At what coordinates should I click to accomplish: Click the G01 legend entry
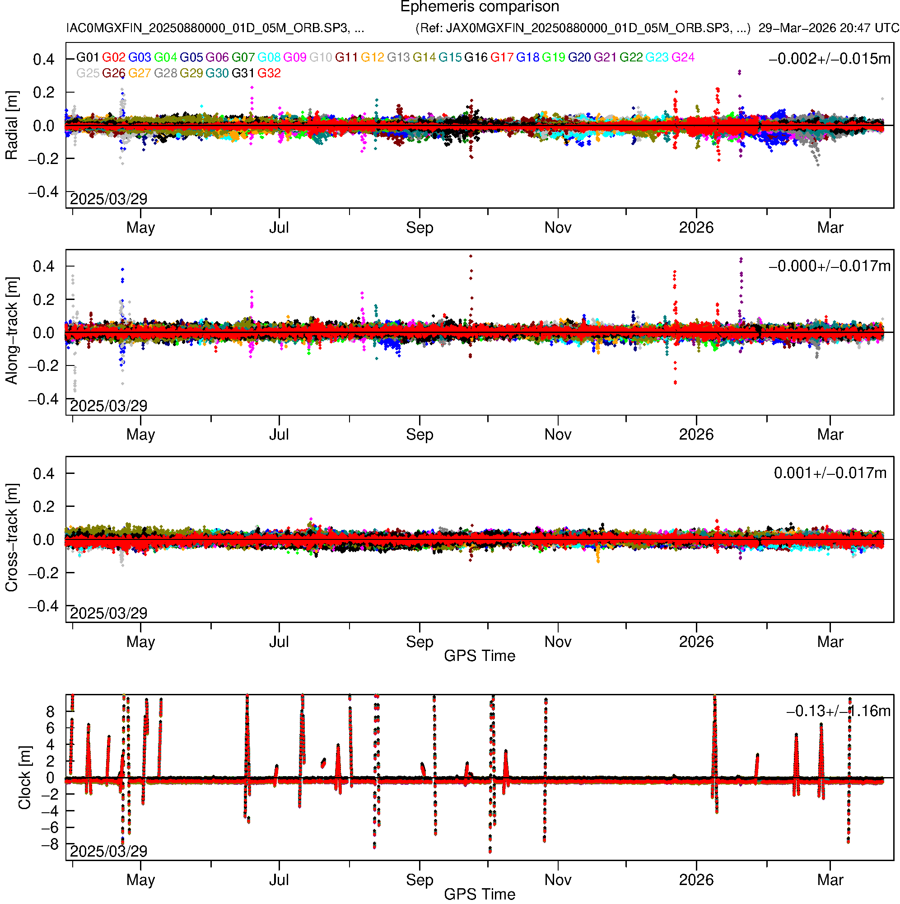88,57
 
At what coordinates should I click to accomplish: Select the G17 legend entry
502,57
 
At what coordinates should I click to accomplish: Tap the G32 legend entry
269,74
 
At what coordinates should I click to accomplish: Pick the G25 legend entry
88,74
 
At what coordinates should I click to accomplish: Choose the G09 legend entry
295,57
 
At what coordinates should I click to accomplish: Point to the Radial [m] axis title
11,126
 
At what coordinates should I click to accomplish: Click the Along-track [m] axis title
11,331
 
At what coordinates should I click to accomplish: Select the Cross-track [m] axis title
11,538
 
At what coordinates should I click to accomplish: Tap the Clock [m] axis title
24,778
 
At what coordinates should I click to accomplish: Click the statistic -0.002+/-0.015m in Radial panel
830,59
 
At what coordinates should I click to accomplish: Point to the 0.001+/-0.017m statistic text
830,473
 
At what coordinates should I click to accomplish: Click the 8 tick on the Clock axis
50,712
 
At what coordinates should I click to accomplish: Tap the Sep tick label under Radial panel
420,228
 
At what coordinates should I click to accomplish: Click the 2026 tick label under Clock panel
696,880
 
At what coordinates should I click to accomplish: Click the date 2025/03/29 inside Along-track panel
108,406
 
